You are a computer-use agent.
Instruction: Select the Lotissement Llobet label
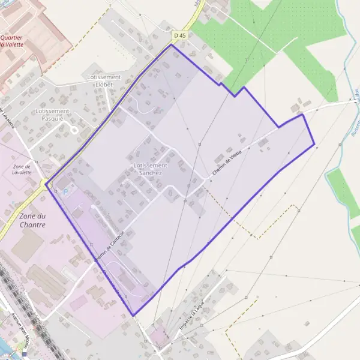coord(104,80)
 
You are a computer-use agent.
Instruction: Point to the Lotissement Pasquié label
coord(53,115)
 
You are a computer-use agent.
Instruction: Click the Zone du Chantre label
coord(24,220)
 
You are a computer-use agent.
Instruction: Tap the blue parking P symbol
coord(66,191)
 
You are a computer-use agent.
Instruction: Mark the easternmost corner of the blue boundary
coord(314,145)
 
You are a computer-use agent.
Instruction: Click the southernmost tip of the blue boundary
coord(133,316)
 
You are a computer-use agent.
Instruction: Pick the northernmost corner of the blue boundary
coord(172,44)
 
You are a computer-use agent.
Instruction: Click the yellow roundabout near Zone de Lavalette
coord(44,182)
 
